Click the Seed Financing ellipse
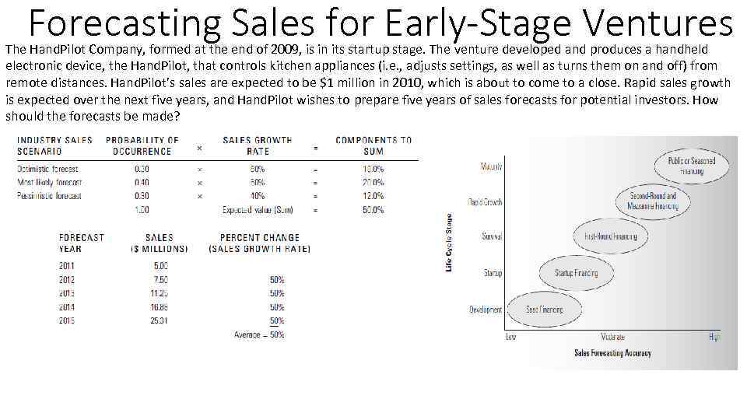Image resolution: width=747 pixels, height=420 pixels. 544,310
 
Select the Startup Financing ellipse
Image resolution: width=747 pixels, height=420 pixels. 576,273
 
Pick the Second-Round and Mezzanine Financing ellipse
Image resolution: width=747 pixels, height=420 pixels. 654,201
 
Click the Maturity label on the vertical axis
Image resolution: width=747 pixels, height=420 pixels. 491,166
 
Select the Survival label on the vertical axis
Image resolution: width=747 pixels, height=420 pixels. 492,236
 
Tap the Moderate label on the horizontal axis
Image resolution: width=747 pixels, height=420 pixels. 612,337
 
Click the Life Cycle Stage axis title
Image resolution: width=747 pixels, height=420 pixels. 448,243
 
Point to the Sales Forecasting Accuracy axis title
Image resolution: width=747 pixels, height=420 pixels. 612,353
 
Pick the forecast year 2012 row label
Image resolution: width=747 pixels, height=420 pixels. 67,279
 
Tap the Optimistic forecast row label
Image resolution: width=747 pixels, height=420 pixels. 48,169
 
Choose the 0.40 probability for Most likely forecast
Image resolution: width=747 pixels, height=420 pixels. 142,183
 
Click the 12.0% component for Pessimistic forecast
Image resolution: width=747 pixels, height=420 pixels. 373,196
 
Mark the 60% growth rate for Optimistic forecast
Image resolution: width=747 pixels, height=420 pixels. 257,169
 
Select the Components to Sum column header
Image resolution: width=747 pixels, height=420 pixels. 373,145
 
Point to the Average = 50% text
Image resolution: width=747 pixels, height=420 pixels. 259,335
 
